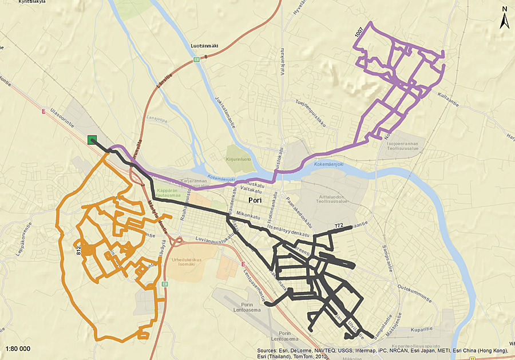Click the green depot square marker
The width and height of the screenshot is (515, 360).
pos(92,140)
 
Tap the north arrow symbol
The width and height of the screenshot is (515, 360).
pos(504,19)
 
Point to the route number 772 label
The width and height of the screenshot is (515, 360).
pos(338,226)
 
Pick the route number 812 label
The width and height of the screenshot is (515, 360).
pos(77,250)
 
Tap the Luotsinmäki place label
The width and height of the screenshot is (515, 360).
pos(205,46)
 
